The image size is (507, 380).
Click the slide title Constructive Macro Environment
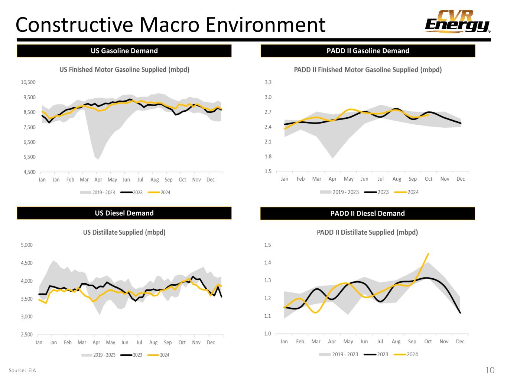coord(170,25)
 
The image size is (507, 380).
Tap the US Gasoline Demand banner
coord(124,51)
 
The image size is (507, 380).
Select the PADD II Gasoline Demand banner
coord(368,51)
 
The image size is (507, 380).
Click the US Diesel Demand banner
coord(124,213)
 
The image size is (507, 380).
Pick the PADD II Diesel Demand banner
coord(367,213)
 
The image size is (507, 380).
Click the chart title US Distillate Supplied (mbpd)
coord(124,232)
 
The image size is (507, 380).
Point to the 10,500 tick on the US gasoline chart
coord(29,82)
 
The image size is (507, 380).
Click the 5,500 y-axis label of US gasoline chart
coord(29,157)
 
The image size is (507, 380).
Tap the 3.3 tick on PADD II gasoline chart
coord(268,82)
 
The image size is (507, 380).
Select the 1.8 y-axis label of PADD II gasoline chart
coord(268,157)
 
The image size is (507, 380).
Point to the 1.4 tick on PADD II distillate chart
coord(267,263)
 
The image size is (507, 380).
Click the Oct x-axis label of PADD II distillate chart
coord(428,341)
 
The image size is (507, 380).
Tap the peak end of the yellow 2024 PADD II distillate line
coord(428,254)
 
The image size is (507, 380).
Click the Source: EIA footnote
coord(22,370)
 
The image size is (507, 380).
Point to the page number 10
coord(490,370)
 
